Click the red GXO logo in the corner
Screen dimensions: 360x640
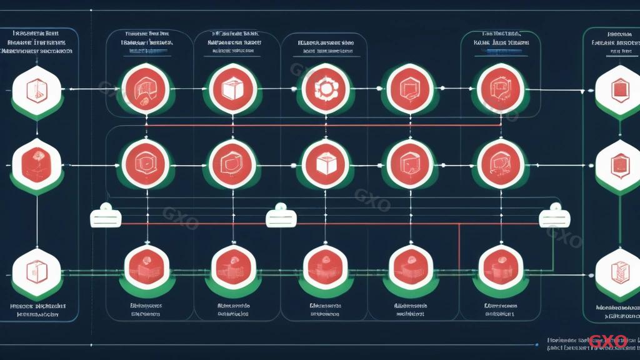click(x=607, y=341)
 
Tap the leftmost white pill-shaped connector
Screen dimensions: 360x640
click(x=106, y=217)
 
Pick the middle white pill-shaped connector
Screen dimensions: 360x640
click(x=281, y=217)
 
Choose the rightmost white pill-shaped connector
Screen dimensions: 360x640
click(x=554, y=217)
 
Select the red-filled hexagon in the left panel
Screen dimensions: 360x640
click(x=37, y=165)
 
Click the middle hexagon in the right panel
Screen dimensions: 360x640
click(x=617, y=166)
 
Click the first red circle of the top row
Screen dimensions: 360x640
click(x=146, y=89)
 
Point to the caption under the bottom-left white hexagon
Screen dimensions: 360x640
click(x=37, y=311)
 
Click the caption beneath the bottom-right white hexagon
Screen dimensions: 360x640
click(x=617, y=311)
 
